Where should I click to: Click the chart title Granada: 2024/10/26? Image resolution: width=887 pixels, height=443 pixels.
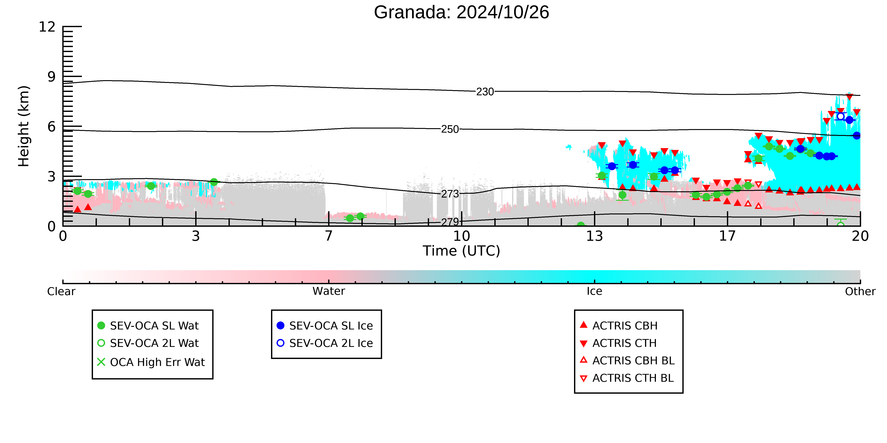coord(461,12)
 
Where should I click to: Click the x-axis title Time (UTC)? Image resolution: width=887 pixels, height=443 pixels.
coord(461,251)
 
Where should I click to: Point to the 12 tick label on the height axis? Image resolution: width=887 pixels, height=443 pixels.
coord(47,27)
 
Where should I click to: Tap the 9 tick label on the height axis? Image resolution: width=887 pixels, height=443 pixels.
coord(51,77)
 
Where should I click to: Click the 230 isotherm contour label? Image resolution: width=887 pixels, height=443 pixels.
coord(485,92)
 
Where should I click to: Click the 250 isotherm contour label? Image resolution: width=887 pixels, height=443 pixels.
coord(450,129)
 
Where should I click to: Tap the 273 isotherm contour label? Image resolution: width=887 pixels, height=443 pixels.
coord(450,194)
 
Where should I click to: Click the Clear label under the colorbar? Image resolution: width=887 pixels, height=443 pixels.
coord(61,291)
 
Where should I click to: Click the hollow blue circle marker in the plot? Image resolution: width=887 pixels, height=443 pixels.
coord(841,117)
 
